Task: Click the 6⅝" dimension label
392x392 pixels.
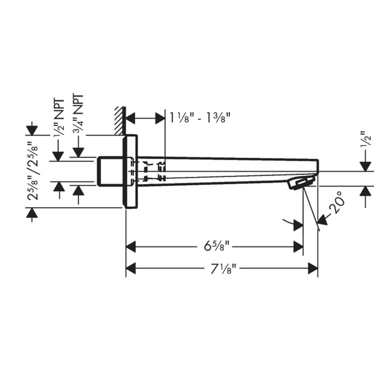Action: click(216, 245)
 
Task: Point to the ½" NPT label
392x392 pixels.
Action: click(58, 118)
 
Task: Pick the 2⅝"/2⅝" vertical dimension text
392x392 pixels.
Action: click(33, 171)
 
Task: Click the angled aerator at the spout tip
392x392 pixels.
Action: click(300, 184)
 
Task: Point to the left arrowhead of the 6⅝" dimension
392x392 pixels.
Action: click(132, 245)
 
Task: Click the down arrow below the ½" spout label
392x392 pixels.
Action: click(365, 165)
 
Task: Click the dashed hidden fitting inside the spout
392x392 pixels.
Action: click(149, 170)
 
